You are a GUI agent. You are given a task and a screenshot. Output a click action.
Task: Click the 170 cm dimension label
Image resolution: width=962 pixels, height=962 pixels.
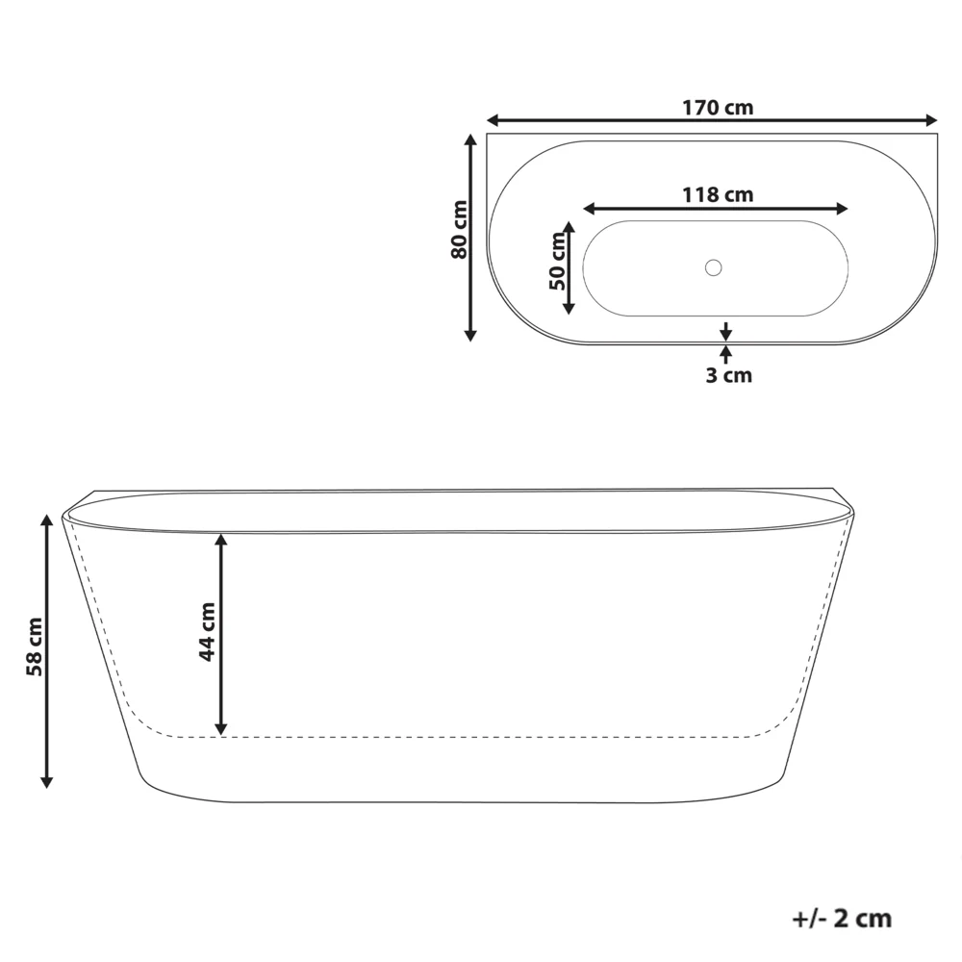pyautogui.click(x=718, y=108)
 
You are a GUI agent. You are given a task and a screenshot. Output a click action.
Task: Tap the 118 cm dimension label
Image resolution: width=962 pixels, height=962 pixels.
pyautogui.click(x=718, y=194)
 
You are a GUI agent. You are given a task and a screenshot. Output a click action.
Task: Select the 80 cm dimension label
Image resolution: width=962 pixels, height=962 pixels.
pyautogui.click(x=459, y=230)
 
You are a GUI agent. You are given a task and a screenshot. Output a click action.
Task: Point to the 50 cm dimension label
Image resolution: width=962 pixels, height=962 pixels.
pyautogui.click(x=557, y=261)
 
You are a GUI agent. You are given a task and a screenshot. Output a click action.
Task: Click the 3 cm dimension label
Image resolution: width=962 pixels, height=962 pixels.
pyautogui.click(x=729, y=375)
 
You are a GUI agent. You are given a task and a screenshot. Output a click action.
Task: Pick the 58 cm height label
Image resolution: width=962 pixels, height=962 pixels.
pyautogui.click(x=35, y=647)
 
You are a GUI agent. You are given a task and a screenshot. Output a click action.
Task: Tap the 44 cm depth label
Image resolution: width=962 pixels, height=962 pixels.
pyautogui.click(x=208, y=632)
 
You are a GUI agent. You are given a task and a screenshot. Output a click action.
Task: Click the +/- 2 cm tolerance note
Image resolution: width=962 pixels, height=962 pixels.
pyautogui.click(x=842, y=919)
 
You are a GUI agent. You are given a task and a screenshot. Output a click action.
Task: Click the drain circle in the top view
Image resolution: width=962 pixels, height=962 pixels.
pyautogui.click(x=713, y=267)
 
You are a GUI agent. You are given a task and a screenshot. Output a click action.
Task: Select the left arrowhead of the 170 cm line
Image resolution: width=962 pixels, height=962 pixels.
pyautogui.click(x=492, y=120)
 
